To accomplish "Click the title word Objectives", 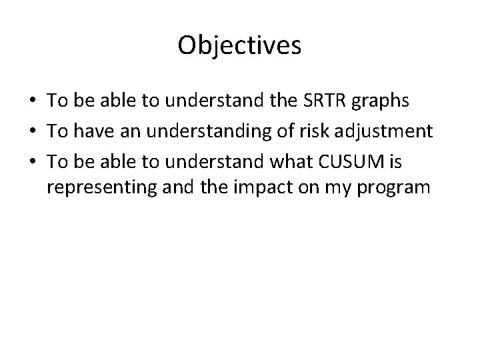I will coord(240,46).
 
